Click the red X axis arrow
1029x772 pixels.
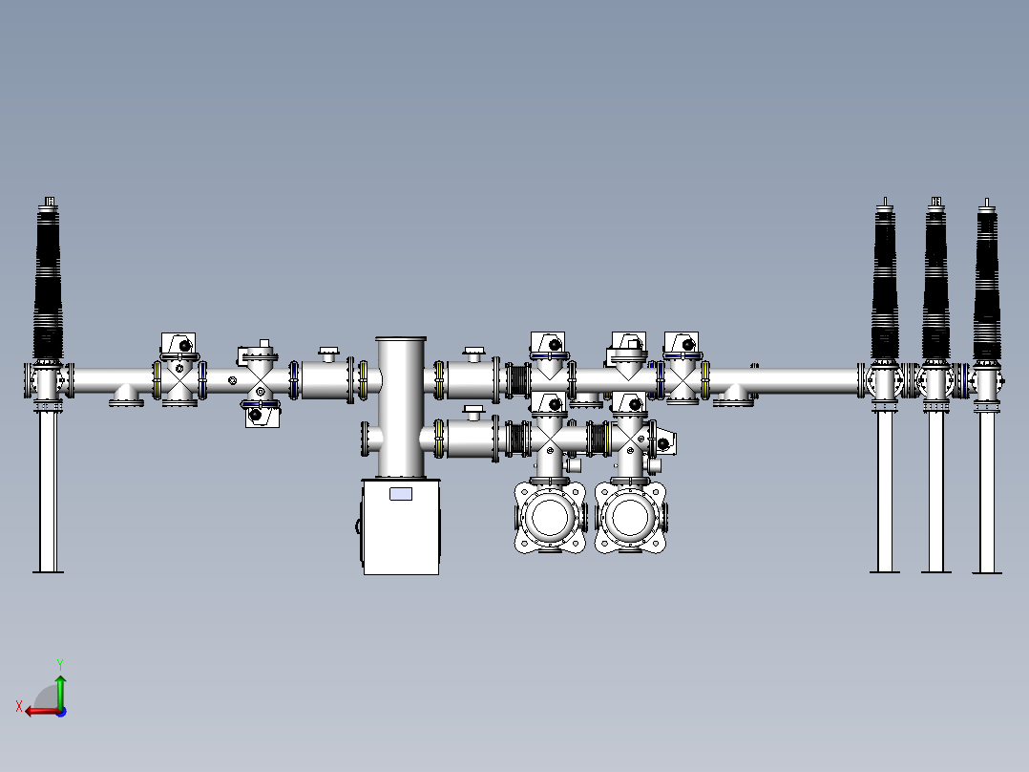[38, 710]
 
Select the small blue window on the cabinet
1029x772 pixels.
[401, 494]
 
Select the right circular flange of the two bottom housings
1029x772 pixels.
[630, 517]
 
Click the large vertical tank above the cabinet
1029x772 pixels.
[401, 406]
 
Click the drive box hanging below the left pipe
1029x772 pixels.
[260, 415]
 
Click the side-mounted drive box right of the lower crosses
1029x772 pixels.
[664, 441]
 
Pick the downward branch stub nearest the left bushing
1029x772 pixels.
[126, 394]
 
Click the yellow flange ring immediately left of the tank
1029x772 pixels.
[363, 379]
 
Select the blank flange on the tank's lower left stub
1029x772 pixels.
[366, 440]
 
